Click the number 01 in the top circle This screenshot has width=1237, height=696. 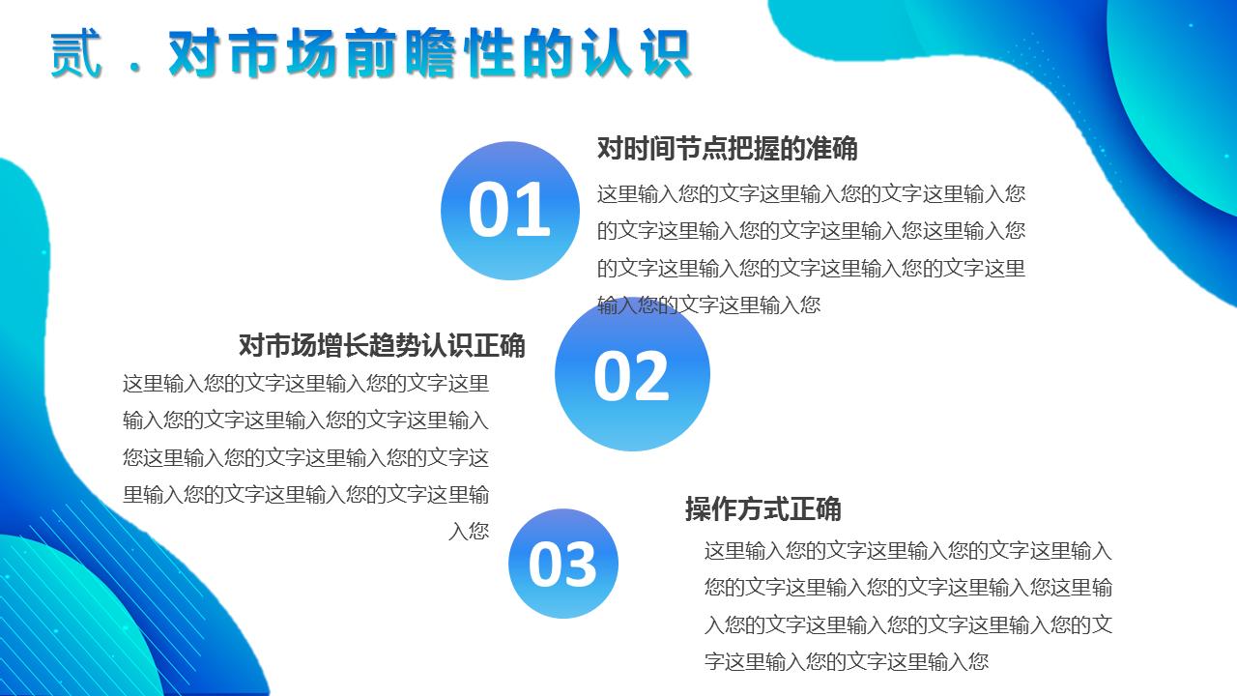[x=509, y=211]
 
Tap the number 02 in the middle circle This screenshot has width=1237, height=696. [x=631, y=376]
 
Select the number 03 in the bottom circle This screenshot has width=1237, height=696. [x=562, y=565]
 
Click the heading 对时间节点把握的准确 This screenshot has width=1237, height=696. [x=727, y=149]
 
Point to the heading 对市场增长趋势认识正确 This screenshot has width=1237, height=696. [x=382, y=345]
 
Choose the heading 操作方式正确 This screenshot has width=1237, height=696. [x=763, y=508]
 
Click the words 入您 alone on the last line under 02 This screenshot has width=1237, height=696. [x=469, y=532]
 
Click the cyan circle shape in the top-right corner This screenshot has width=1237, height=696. [x=1184, y=87]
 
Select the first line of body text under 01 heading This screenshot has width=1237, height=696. [x=811, y=193]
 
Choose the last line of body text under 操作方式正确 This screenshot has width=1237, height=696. [x=847, y=662]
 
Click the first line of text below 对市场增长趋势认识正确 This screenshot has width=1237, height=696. [x=305, y=384]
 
